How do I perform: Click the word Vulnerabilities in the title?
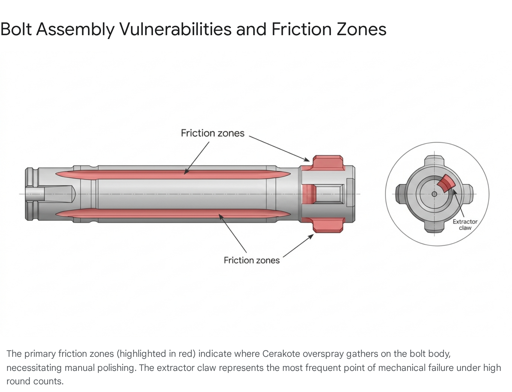[176, 29]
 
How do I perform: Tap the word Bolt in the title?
[16, 29]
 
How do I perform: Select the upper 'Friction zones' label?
[212, 133]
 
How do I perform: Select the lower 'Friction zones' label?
[252, 260]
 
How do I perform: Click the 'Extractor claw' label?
[465, 224]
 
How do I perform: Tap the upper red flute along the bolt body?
[173, 175]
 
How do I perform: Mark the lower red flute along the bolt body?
[173, 213]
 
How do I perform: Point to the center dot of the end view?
[434, 194]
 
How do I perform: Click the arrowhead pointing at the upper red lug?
[308, 160]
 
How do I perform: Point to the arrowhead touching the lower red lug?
[311, 237]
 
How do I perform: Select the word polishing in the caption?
[116, 368]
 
